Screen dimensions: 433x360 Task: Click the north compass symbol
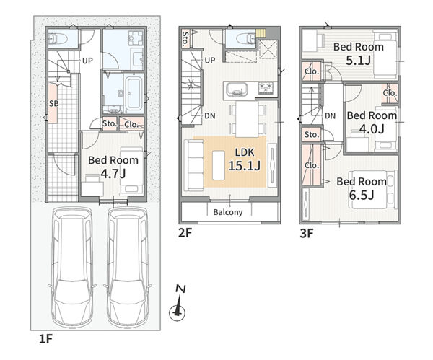tap(178, 304)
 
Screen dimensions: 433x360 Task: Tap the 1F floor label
tap(45, 339)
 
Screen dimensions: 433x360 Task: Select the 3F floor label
tap(307, 234)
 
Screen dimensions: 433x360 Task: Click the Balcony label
tap(228, 212)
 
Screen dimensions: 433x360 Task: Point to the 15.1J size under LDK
tap(245, 166)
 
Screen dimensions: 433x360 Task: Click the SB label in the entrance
tap(54, 104)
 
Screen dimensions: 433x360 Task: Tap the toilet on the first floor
tap(58, 38)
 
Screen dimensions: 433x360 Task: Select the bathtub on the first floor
tap(134, 93)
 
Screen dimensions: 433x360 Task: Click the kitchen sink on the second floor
tap(237, 89)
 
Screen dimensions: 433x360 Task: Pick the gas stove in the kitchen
tap(266, 88)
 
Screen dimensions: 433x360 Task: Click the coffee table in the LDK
tap(219, 165)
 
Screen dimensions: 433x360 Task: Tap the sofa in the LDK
tap(193, 165)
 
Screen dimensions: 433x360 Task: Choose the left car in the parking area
tap(72, 267)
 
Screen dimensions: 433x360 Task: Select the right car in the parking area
tap(127, 267)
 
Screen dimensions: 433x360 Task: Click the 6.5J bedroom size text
tap(362, 196)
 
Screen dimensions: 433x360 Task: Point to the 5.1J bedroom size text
tap(358, 61)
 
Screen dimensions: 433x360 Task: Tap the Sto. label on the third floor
tap(312, 135)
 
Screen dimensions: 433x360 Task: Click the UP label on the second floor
tap(210, 61)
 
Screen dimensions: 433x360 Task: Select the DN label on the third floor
tap(331, 116)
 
